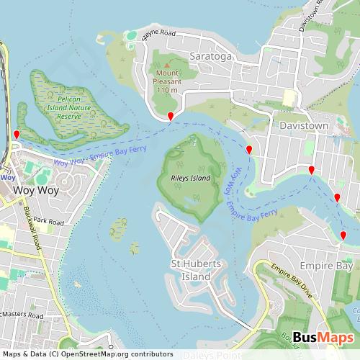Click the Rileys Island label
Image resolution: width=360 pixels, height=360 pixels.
(190, 178)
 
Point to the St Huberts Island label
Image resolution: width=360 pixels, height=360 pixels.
(190, 270)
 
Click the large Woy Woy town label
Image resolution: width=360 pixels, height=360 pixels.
(30, 191)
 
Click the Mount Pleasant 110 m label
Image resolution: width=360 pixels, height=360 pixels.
(166, 81)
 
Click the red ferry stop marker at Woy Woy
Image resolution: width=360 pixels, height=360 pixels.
(17, 135)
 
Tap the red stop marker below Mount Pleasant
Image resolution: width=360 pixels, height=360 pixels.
(171, 117)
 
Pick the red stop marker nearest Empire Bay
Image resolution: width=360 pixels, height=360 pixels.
(343, 235)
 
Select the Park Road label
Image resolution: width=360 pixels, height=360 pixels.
(48, 220)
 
